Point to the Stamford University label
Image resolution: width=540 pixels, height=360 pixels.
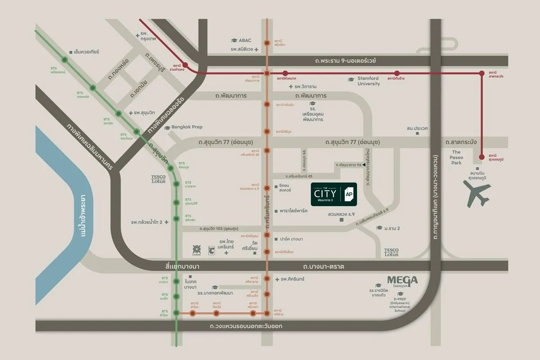tap(369, 81)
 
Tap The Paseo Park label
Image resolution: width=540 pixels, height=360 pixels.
tap(456, 157)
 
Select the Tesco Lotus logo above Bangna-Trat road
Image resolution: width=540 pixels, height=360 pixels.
tap(391, 252)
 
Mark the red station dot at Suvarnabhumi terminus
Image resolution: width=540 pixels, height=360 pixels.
tap(482, 157)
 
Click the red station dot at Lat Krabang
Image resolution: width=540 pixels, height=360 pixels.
tap(482, 73)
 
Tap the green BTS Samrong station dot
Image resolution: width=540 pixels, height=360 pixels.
tap(176, 313)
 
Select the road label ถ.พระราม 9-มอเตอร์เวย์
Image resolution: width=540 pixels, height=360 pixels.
tap(346, 61)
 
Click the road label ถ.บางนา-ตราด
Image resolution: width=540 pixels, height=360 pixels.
tap(324, 267)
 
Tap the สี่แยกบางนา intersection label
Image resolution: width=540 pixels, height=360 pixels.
tap(182, 267)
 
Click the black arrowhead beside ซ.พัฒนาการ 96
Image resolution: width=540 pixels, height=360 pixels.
tap(364, 166)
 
